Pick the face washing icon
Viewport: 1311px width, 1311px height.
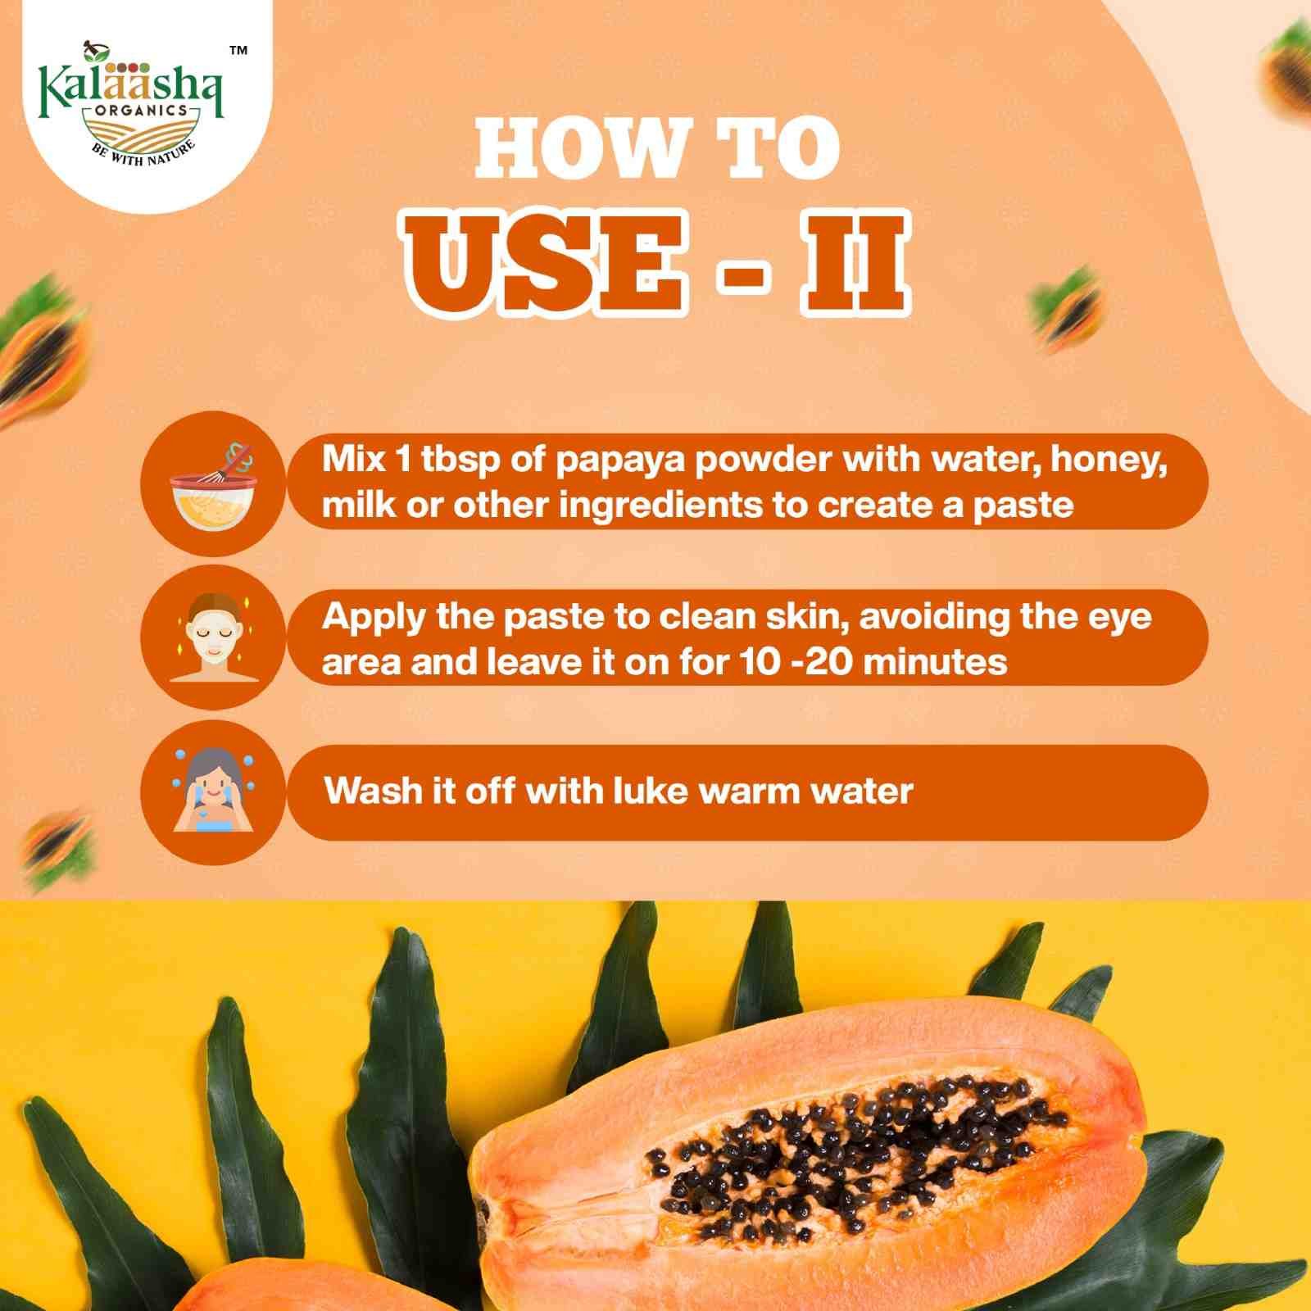pos(213,791)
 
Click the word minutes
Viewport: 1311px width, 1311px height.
pos(935,662)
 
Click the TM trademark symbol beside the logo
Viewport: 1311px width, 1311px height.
pos(238,51)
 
